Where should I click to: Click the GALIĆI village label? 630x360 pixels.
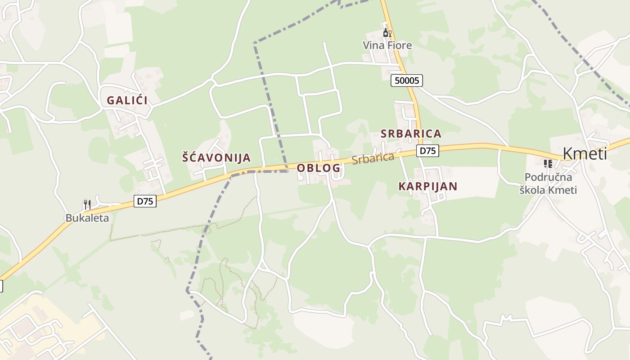point(127,100)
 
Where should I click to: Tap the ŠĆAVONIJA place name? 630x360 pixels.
point(216,157)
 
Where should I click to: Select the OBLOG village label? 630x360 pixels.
point(318,168)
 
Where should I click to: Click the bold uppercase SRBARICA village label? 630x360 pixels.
point(411,134)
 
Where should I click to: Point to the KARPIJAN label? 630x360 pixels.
point(427,186)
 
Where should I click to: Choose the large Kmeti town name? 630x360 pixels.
point(585,154)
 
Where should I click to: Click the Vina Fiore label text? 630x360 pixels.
point(387,45)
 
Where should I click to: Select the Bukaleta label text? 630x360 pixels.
point(87,218)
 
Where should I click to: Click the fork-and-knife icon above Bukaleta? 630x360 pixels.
point(87,204)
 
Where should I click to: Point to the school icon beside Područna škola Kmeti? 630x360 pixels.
point(548,163)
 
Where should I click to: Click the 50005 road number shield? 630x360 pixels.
point(406,81)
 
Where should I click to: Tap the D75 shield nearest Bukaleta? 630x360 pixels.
point(145,201)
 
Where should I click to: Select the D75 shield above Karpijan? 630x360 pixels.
point(427,151)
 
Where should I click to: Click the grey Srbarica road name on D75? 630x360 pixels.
point(373,158)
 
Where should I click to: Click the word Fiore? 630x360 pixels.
point(400,45)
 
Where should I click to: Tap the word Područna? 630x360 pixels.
point(548,177)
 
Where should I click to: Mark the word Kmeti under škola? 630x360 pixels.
point(562,190)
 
